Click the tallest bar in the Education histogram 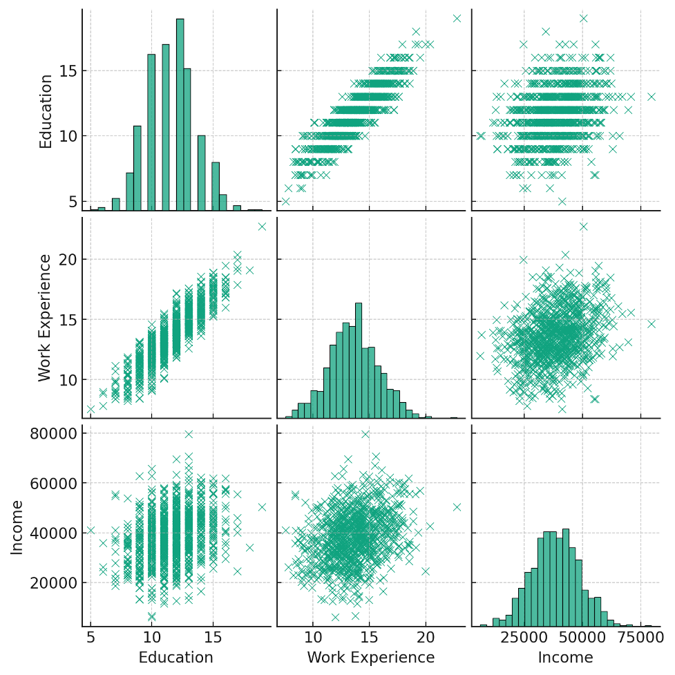click(x=180, y=115)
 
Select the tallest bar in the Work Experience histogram click(x=359, y=360)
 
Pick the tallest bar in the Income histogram click(x=566, y=578)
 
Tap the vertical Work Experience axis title click(x=45, y=318)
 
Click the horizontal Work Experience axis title click(x=371, y=657)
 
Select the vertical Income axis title click(x=17, y=526)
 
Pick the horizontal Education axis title click(x=176, y=657)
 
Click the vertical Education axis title click(x=46, y=111)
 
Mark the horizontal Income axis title click(x=565, y=657)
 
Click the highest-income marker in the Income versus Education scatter click(x=189, y=435)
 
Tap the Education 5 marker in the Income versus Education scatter click(x=91, y=531)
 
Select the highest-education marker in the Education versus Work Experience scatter click(x=457, y=19)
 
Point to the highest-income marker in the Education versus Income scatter click(x=651, y=97)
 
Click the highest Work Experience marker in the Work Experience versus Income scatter click(x=583, y=227)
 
